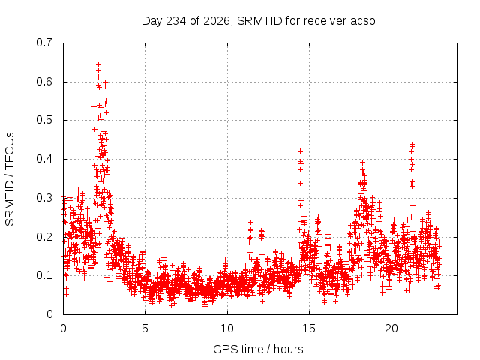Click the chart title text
258,21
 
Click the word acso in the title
363,21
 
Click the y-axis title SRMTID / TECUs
10,179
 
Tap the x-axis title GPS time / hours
258,349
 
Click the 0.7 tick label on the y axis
44,43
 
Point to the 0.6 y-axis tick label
44,82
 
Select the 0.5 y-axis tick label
44,120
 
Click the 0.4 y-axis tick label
44,159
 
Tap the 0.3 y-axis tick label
44,198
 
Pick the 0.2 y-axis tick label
44,237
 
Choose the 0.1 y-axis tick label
44,275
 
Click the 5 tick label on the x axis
145,328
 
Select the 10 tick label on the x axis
227,328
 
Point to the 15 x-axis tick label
309,328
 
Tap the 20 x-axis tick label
391,328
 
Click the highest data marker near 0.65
98,64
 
